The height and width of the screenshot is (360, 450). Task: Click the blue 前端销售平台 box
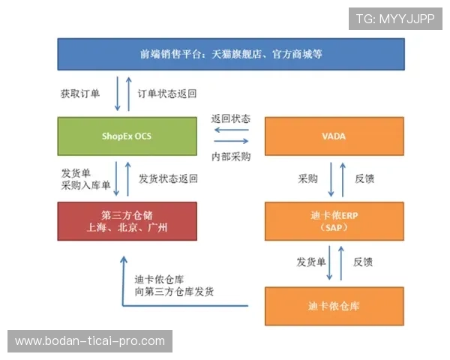pyautogui.click(x=231, y=54)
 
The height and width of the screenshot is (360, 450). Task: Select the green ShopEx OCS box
pyautogui.click(x=127, y=136)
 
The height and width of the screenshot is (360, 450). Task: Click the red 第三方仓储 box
pyautogui.click(x=127, y=221)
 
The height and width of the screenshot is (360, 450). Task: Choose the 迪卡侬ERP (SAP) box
pyautogui.click(x=334, y=220)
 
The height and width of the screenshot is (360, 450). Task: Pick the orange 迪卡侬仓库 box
pyautogui.click(x=334, y=306)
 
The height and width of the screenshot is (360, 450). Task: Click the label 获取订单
pyautogui.click(x=80, y=94)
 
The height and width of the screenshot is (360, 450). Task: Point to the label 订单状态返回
pyautogui.click(x=167, y=94)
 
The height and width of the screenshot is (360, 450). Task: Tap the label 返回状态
pyautogui.click(x=231, y=119)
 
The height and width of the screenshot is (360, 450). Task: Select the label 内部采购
pyautogui.click(x=231, y=157)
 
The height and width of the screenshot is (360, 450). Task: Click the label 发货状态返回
pyautogui.click(x=169, y=179)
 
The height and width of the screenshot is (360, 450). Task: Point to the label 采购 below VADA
pyautogui.click(x=308, y=179)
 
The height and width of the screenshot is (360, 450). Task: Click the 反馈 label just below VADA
pyautogui.click(x=364, y=179)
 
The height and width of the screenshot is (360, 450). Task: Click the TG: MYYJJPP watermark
pyautogui.click(x=395, y=18)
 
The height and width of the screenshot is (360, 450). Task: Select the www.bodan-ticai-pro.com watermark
pyautogui.click(x=90, y=341)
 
